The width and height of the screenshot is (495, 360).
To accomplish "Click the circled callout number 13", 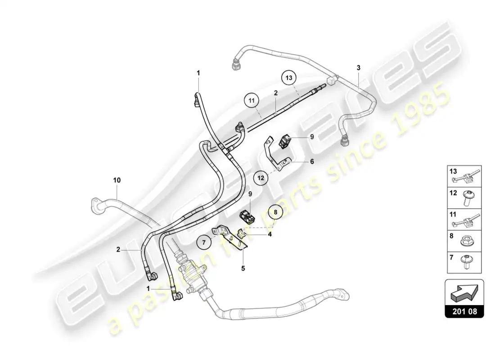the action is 289,77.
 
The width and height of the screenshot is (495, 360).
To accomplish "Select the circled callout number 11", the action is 251,101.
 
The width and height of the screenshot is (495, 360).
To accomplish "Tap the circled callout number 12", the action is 261,178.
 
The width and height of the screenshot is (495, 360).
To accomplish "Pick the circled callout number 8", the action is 275,212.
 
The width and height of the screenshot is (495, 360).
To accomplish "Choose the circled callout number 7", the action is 204,243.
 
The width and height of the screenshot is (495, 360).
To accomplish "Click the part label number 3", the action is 358,67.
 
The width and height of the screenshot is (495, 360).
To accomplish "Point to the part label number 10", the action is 117,180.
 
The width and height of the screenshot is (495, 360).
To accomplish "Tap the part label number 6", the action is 312,162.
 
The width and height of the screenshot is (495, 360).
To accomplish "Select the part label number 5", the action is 243,268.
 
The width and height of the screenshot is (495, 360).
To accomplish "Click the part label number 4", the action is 270,234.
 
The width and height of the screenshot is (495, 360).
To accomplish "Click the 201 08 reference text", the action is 465,311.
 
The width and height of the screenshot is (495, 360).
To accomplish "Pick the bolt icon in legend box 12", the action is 467,198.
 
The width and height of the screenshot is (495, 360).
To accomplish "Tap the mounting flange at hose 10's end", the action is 96,205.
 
